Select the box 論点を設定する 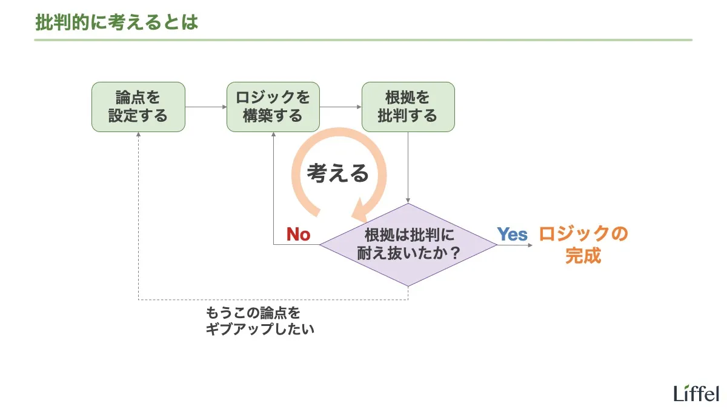coord(138,107)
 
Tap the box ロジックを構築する coord(273,107)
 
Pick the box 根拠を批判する coord(408,107)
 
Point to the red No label coord(298,234)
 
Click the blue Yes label coord(513,234)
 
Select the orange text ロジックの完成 coord(583,244)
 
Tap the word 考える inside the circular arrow coord(337,173)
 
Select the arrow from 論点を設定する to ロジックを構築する coord(206,107)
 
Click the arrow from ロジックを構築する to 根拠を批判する coord(340,107)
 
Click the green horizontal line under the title coord(363,40)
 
